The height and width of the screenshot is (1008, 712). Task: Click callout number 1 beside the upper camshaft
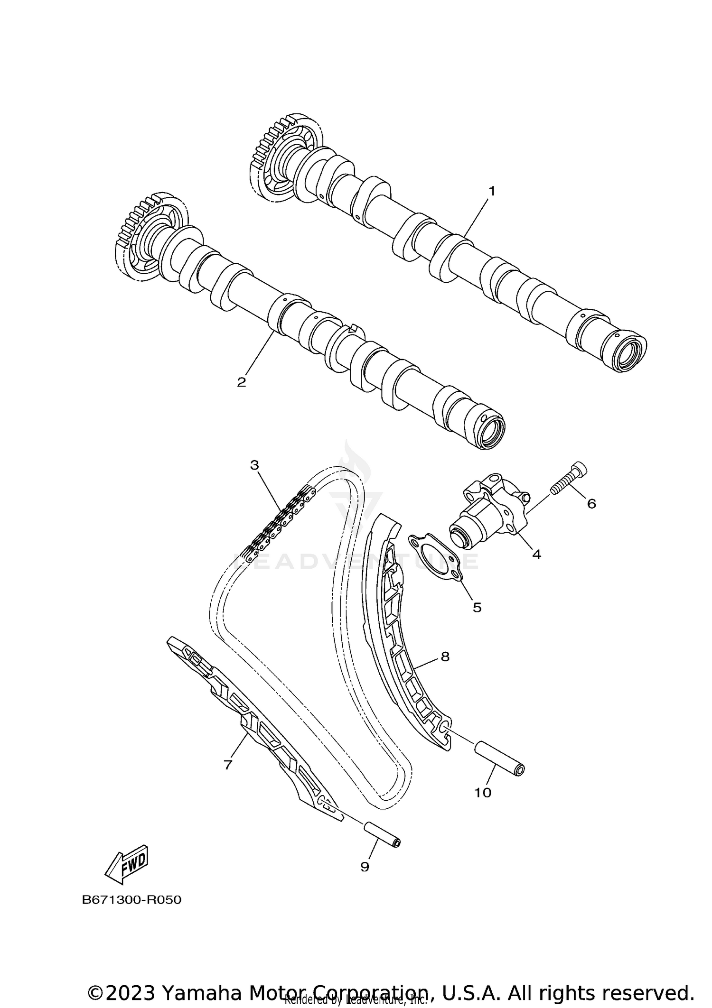pyautogui.click(x=492, y=191)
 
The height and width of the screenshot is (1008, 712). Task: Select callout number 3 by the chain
pyautogui.click(x=255, y=465)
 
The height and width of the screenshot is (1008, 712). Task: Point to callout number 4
pyautogui.click(x=536, y=554)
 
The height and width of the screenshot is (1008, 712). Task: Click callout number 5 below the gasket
pyautogui.click(x=477, y=607)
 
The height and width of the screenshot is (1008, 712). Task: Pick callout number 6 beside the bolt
pyautogui.click(x=591, y=504)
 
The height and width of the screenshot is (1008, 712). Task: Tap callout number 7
pyautogui.click(x=228, y=765)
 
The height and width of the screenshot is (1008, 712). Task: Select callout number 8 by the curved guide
pyautogui.click(x=445, y=657)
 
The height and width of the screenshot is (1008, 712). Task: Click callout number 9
pyautogui.click(x=365, y=867)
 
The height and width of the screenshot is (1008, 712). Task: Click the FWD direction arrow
pyautogui.click(x=127, y=864)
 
